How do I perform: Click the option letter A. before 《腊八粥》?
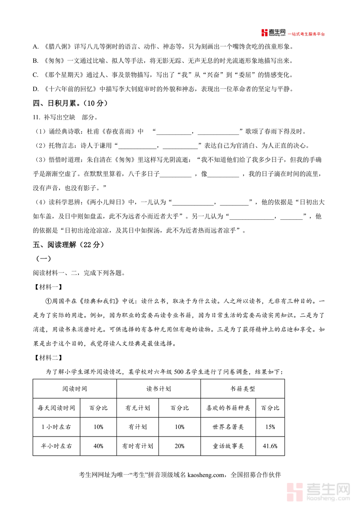pyautogui.click(x=36, y=47)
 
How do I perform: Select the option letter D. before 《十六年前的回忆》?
pyautogui.click(x=36, y=89)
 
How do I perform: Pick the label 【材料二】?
pyautogui.click(x=47, y=357)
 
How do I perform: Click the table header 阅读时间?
pyautogui.click(x=75, y=389)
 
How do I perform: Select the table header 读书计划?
pyautogui.click(x=159, y=389)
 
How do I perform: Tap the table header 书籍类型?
pyautogui.click(x=242, y=389)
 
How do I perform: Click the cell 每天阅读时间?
pyautogui.click(x=56, y=408)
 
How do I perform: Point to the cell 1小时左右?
pyautogui.click(x=56, y=427)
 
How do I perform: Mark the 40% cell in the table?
pyautogui.click(x=98, y=446)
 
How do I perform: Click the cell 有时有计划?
pyautogui.click(x=138, y=446)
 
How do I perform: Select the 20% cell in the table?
pyautogui.click(x=180, y=446)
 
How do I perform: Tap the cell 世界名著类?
pyautogui.click(x=228, y=427)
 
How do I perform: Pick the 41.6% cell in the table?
pyautogui.click(x=270, y=446)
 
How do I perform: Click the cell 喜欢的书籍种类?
pyautogui.click(x=228, y=408)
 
